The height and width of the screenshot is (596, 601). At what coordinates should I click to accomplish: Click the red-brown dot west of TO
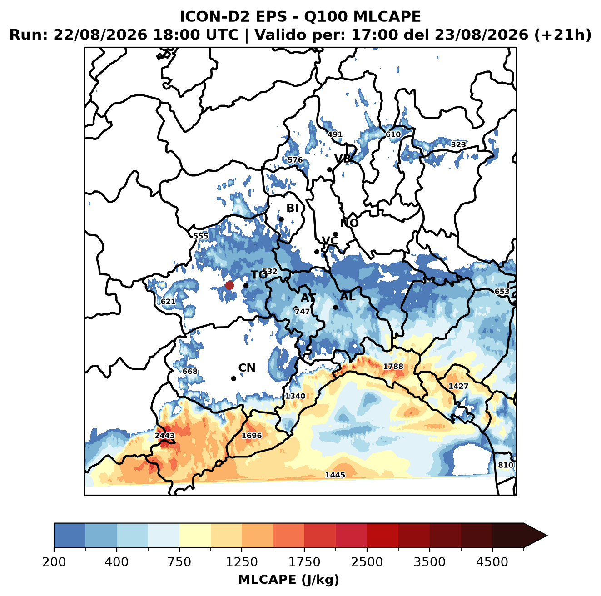[229, 285]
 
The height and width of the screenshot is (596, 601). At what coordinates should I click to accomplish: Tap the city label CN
[247, 368]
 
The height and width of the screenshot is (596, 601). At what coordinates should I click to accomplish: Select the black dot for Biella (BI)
[281, 219]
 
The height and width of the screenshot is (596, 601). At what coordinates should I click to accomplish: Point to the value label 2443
[165, 435]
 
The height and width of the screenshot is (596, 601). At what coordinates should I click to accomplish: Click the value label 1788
[393, 366]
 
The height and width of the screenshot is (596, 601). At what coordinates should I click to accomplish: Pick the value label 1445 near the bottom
[335, 475]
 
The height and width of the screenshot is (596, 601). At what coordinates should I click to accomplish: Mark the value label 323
[458, 144]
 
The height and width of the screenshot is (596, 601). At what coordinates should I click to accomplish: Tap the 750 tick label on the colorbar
[179, 561]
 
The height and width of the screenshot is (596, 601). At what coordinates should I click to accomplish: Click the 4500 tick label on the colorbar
[492, 561]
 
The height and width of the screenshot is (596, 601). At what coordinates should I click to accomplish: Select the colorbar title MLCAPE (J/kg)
[288, 580]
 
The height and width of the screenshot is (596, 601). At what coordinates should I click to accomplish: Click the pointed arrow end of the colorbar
[547, 536]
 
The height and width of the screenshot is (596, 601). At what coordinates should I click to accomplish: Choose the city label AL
[348, 296]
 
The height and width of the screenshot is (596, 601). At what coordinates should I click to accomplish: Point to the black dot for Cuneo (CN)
[233, 378]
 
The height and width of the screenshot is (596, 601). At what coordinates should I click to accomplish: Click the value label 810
[505, 465]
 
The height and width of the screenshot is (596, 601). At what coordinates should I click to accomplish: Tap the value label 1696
[252, 435]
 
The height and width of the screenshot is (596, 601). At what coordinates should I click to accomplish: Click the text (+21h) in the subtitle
[562, 35]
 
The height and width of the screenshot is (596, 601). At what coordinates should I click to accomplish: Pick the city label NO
[349, 223]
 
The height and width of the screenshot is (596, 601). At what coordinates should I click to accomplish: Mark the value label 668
[189, 371]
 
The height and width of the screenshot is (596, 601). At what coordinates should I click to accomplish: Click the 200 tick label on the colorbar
[54, 561]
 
